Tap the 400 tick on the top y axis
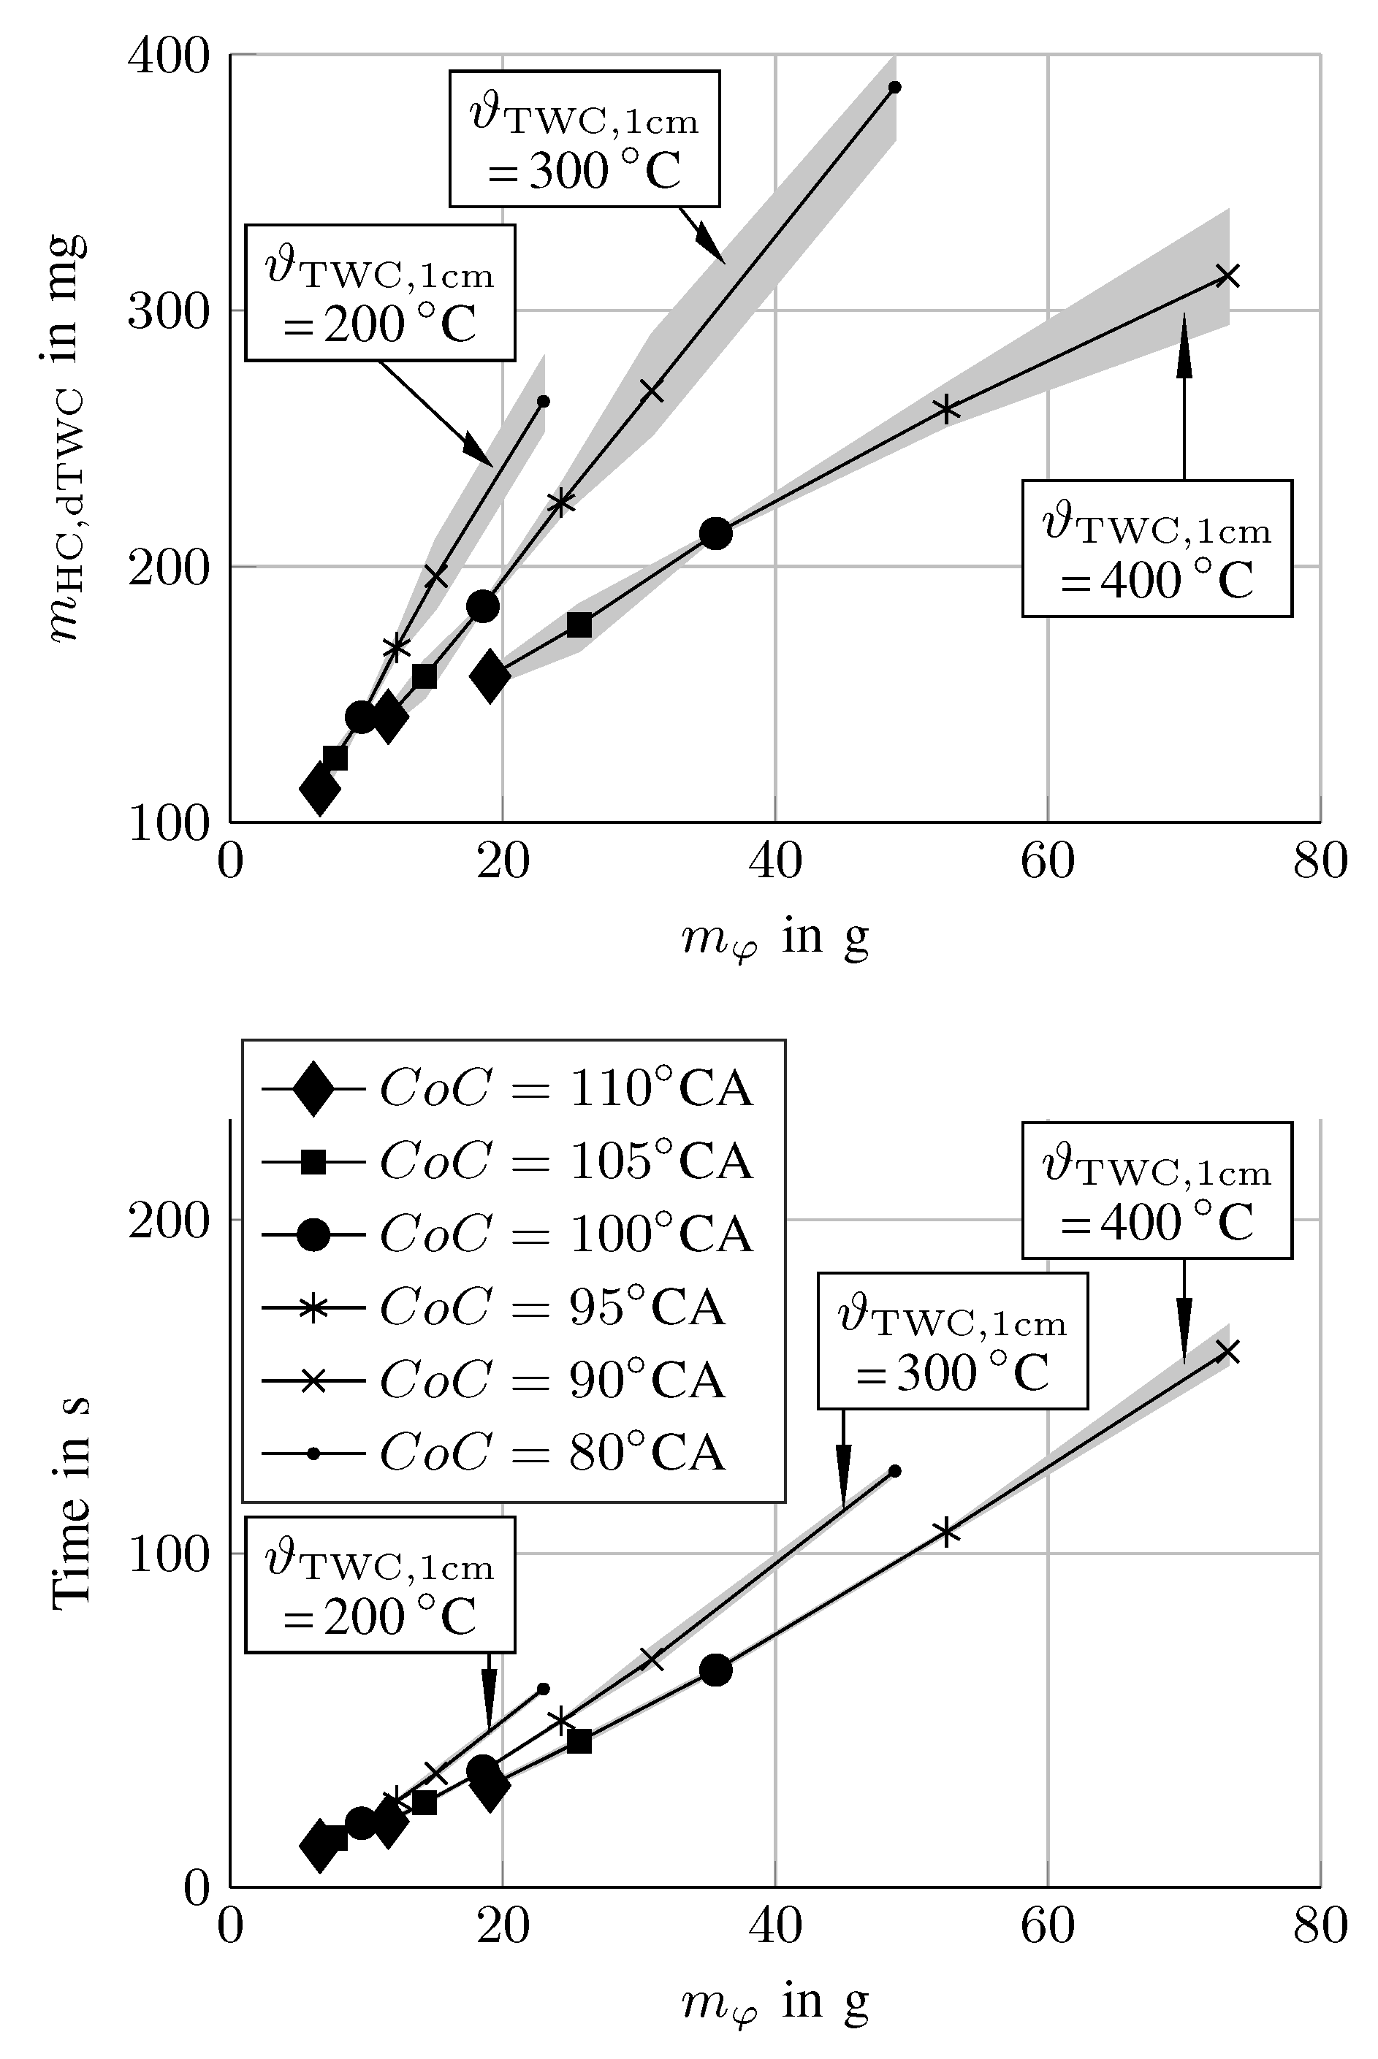click(x=169, y=56)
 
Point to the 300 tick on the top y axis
click(x=169, y=311)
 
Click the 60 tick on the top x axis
click(x=1048, y=861)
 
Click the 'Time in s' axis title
click(x=70, y=1503)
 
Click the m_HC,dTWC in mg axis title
click(x=66, y=439)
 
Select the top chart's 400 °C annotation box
click(x=1157, y=548)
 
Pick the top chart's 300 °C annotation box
click(x=585, y=139)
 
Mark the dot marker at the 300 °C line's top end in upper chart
click(x=894, y=87)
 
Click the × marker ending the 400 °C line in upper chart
click(x=1227, y=276)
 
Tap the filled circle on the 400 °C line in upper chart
click(x=716, y=532)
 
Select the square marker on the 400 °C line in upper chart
click(x=579, y=624)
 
